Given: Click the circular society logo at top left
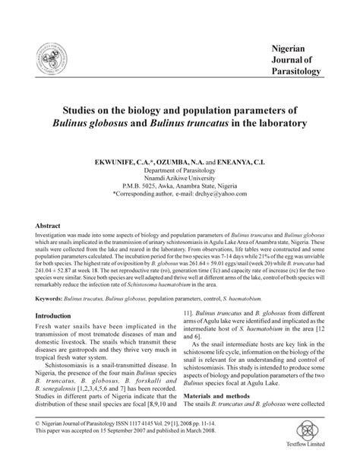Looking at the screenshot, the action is coord(38,59).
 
